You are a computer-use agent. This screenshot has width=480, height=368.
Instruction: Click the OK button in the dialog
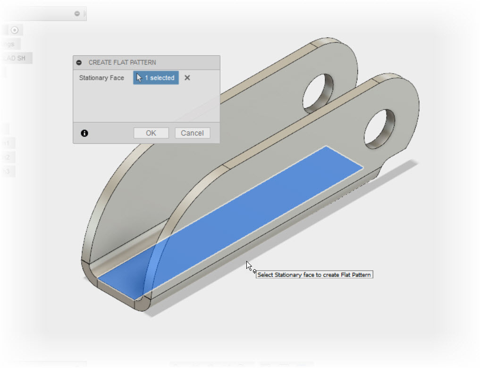pyautogui.click(x=151, y=133)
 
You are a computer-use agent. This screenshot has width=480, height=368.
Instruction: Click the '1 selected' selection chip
pyautogui.click(x=156, y=78)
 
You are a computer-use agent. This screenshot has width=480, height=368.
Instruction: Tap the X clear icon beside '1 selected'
pyautogui.click(x=187, y=78)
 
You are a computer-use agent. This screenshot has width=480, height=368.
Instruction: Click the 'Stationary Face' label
pyautogui.click(x=101, y=78)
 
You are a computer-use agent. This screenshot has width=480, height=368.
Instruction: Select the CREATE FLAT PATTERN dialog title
pyautogui.click(x=122, y=62)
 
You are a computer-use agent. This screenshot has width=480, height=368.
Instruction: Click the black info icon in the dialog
pyautogui.click(x=84, y=134)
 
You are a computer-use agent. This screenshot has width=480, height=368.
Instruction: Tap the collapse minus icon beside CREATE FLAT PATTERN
pyautogui.click(x=79, y=62)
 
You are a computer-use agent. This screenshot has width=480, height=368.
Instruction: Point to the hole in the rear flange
pyautogui.click(x=318, y=91)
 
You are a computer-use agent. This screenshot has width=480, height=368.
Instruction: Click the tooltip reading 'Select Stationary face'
pyautogui.click(x=314, y=275)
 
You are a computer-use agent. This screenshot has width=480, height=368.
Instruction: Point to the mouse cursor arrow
pyautogui.click(x=249, y=266)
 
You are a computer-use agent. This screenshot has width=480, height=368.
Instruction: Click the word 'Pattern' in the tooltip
pyautogui.click(x=362, y=275)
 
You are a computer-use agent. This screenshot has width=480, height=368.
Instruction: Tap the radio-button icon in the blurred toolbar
pyautogui.click(x=15, y=30)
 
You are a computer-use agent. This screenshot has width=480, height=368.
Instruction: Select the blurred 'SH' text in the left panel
pyautogui.click(x=21, y=59)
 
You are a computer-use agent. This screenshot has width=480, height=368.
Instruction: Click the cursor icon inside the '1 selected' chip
pyautogui.click(x=139, y=78)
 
